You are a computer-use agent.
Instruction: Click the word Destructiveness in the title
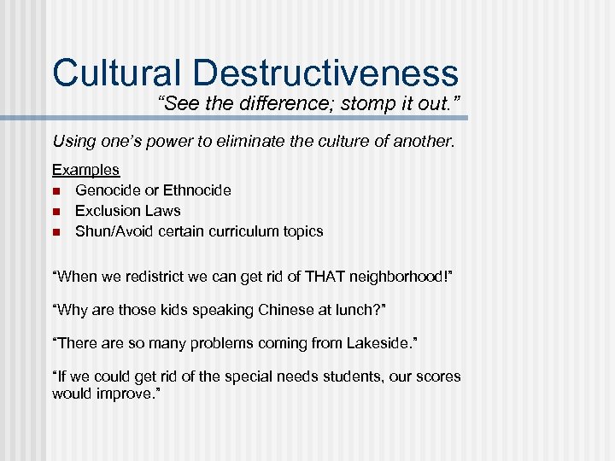(325, 73)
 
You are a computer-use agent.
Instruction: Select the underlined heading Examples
(85, 170)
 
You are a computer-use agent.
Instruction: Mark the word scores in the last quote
(437, 376)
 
